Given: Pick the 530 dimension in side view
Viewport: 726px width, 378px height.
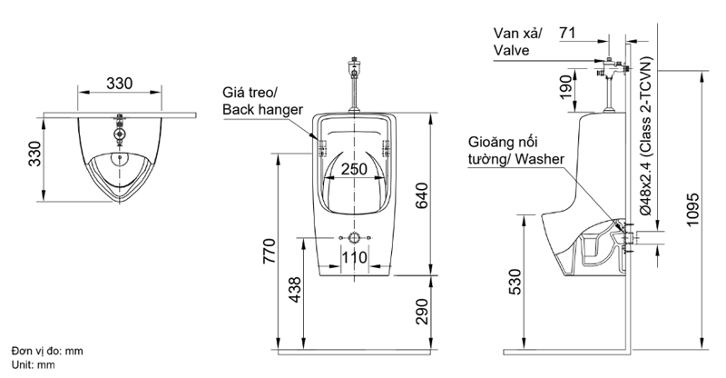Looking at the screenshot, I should (x=515, y=282).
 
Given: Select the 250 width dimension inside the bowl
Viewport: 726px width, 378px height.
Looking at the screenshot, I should (x=354, y=169).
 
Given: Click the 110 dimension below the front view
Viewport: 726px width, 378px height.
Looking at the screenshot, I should (x=354, y=257).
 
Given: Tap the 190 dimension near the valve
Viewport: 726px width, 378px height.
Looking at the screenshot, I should (x=566, y=89).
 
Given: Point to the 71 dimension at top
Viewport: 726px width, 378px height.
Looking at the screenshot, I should (x=568, y=33).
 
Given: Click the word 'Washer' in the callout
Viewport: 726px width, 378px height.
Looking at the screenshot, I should (x=542, y=159).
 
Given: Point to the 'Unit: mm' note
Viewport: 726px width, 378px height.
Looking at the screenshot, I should (x=34, y=363).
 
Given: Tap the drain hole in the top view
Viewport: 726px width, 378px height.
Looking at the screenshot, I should (x=117, y=155).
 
